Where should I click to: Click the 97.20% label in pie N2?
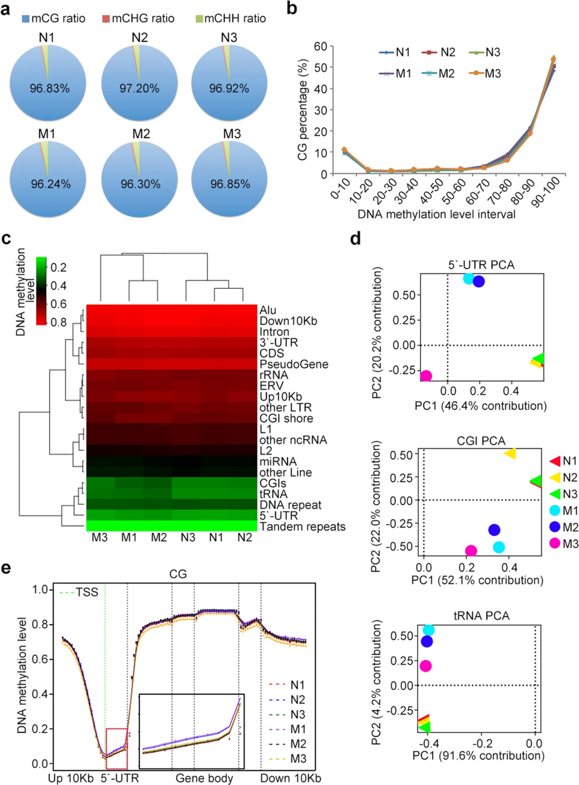click(139, 88)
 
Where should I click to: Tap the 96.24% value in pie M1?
click(50, 184)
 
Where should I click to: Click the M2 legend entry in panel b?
click(440, 73)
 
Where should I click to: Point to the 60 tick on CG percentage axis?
click(321, 47)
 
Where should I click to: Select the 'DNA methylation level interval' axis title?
click(436, 214)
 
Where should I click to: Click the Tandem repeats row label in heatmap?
click(302, 527)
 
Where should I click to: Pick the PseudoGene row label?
click(294, 364)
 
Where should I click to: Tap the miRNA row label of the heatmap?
click(278, 461)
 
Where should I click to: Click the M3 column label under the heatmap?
click(100, 537)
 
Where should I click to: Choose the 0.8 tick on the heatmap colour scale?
click(58, 322)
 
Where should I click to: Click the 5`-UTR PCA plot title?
click(481, 265)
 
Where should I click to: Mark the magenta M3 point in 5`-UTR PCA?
click(426, 376)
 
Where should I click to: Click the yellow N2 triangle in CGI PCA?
click(510, 454)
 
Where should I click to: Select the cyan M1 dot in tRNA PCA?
click(428, 630)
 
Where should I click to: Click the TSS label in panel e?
click(87, 592)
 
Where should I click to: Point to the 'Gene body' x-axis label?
click(204, 778)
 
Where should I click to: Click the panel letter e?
click(6, 568)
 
